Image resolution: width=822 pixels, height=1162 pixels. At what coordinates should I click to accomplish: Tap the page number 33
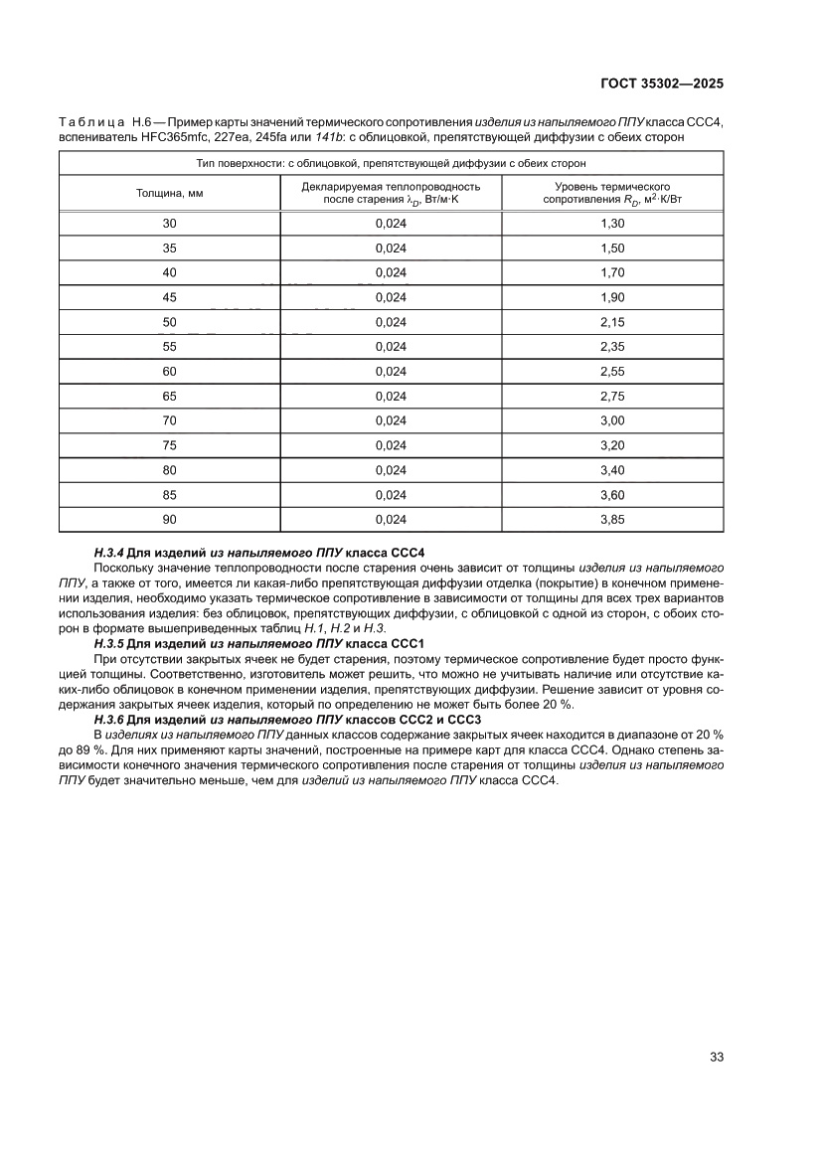click(716, 1057)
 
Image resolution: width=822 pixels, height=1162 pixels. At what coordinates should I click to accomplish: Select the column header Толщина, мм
click(169, 193)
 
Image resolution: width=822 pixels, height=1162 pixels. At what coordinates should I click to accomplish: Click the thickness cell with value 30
click(169, 224)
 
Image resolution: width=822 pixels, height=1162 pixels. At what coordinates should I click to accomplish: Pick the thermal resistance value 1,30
click(612, 224)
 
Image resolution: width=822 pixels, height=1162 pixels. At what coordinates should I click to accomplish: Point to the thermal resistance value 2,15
click(612, 322)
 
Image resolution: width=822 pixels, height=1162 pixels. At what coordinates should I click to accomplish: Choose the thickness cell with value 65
click(169, 396)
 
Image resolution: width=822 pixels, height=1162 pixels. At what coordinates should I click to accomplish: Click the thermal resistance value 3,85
click(612, 519)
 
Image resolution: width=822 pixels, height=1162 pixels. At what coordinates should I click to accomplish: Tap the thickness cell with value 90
click(169, 519)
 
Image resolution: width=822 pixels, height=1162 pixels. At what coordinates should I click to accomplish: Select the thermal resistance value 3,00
click(612, 420)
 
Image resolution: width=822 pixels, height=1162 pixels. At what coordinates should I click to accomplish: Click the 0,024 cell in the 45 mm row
click(391, 297)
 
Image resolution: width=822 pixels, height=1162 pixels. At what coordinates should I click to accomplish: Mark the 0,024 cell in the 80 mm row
click(391, 469)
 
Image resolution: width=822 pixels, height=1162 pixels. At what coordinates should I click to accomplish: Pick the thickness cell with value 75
click(169, 445)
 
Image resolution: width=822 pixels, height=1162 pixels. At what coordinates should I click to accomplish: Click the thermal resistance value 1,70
click(612, 272)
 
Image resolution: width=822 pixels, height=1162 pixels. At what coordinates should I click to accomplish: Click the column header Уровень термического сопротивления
click(612, 193)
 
